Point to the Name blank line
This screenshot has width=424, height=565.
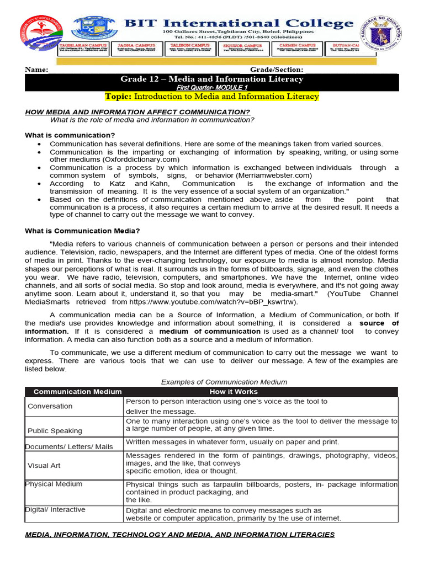(x=144, y=70)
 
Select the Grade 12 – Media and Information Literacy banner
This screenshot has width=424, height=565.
(x=211, y=79)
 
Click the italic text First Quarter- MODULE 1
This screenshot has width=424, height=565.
(x=211, y=88)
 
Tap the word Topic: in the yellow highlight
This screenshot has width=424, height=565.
(x=118, y=97)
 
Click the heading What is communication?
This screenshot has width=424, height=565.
(x=70, y=135)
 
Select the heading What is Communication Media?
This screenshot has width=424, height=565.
(x=82, y=231)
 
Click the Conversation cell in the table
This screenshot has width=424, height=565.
(x=50, y=406)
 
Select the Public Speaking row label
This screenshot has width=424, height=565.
(x=55, y=430)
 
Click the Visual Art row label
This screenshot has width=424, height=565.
(x=44, y=465)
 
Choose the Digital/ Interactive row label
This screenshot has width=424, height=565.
(x=56, y=510)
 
